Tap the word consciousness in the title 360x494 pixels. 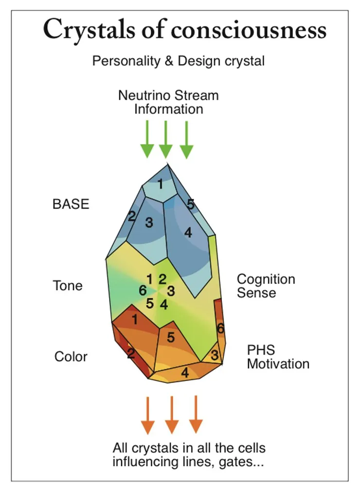[248, 30]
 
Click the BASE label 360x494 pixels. [71, 204]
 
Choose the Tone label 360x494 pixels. [68, 285]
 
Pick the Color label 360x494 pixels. [71, 356]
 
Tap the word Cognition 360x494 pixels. [266, 279]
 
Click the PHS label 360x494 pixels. [261, 350]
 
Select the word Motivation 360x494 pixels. [278, 364]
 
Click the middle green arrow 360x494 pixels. [166, 140]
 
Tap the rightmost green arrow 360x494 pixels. [186, 140]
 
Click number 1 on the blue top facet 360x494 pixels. [160, 185]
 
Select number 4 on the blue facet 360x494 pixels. [188, 233]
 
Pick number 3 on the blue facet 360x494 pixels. [149, 223]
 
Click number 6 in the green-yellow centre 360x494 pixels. [143, 291]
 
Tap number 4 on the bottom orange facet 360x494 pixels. [185, 373]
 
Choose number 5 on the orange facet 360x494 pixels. [171, 337]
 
